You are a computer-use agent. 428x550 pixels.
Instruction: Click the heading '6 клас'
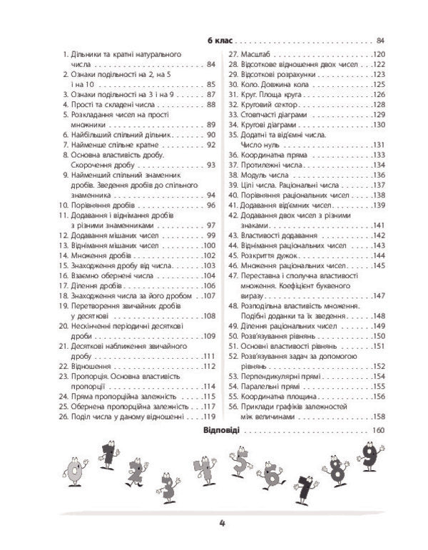(217, 40)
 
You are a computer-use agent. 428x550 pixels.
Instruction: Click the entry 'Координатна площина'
(281, 396)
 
